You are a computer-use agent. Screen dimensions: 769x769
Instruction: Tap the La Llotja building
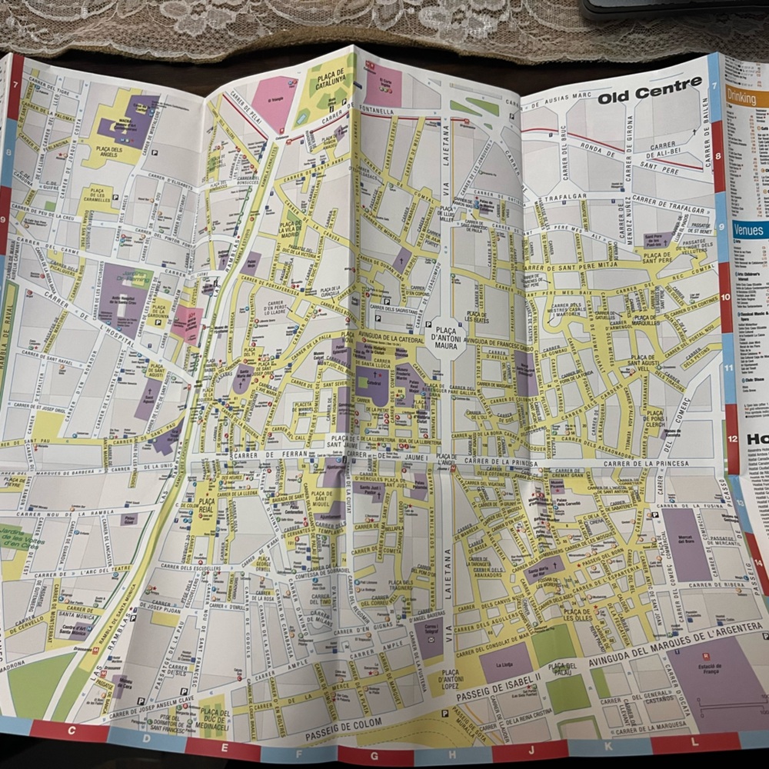pos(504,664)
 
